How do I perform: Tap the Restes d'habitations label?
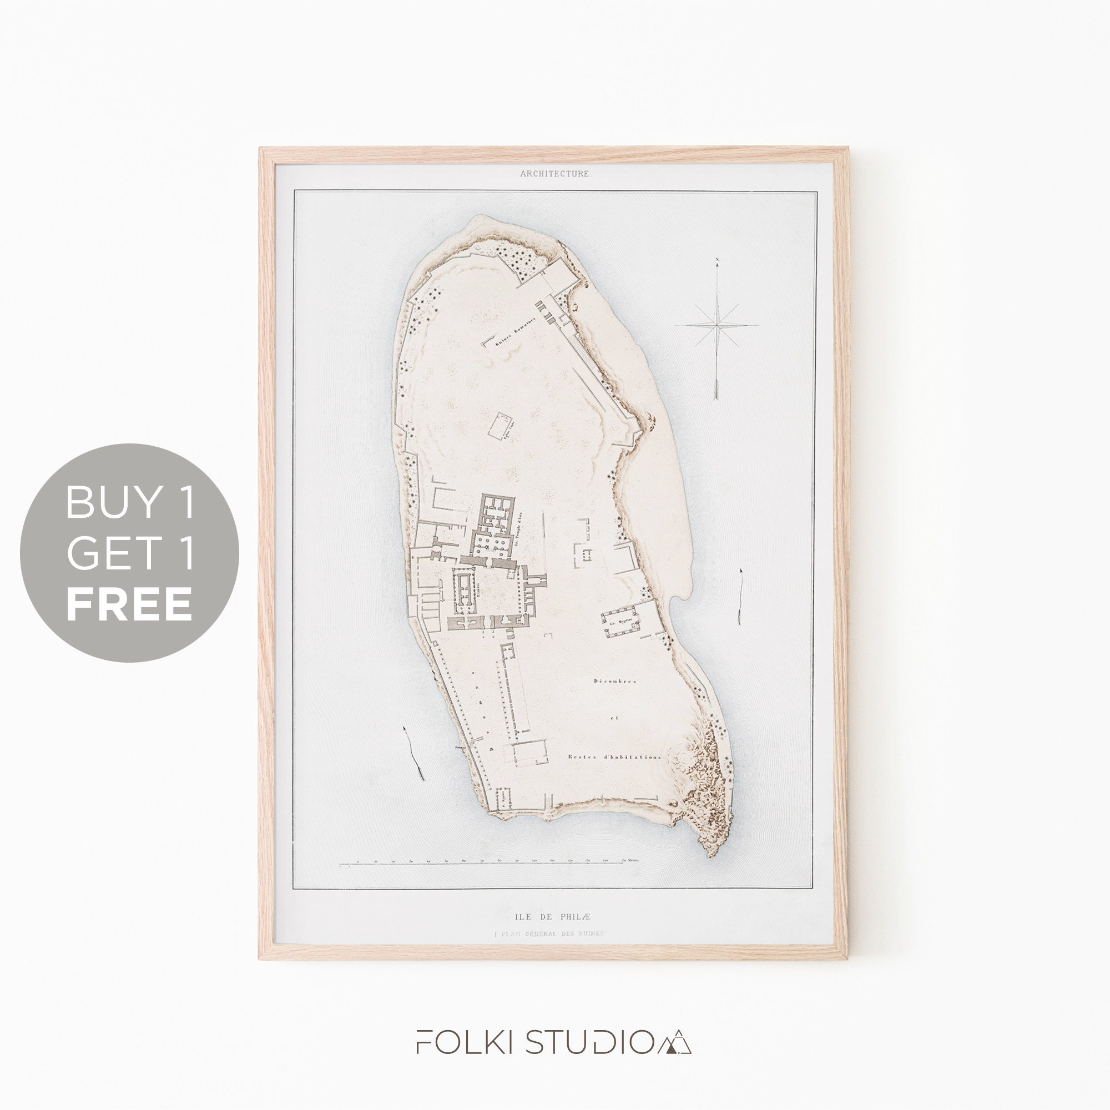(614, 756)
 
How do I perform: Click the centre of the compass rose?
(718, 325)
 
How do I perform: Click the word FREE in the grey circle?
(129, 603)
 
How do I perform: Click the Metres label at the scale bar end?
(633, 876)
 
